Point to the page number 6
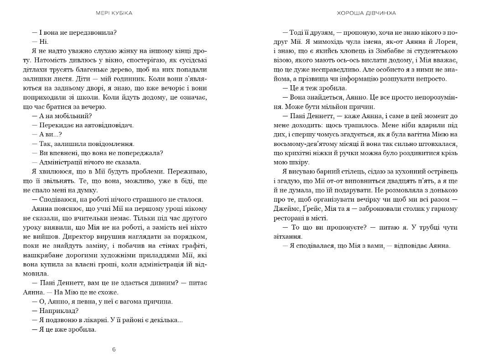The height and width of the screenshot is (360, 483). click(114, 350)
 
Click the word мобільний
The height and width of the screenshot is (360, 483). click(72, 115)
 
